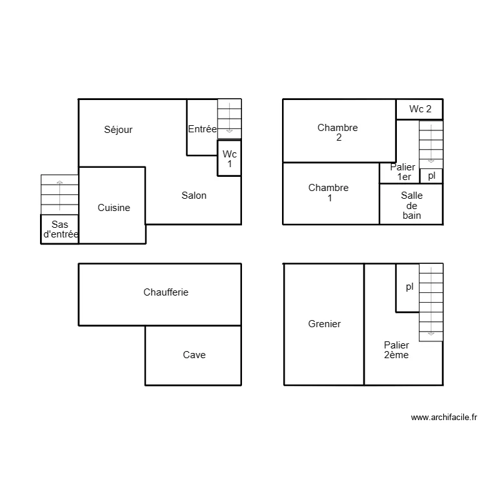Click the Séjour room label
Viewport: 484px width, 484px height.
click(118, 130)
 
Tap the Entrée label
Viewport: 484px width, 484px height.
click(202, 129)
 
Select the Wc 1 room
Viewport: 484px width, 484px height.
click(229, 158)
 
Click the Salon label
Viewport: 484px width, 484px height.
click(194, 196)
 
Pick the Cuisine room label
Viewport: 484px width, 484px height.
click(114, 208)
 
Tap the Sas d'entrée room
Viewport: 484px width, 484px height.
click(59, 229)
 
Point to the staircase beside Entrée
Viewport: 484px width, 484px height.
click(229, 117)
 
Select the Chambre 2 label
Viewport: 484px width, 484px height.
click(338, 132)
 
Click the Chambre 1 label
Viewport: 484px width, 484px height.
click(328, 192)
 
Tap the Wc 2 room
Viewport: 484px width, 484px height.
click(419, 109)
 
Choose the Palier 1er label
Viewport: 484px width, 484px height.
click(403, 172)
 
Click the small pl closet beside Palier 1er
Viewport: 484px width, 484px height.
click(432, 176)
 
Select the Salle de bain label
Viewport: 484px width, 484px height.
click(411, 205)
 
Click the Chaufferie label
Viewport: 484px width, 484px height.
click(166, 292)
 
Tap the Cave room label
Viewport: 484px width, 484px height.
click(194, 355)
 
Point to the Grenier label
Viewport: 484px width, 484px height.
click(325, 324)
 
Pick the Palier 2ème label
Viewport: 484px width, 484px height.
click(396, 350)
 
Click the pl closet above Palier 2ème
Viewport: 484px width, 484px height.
click(408, 287)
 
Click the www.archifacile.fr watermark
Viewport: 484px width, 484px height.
click(443, 418)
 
